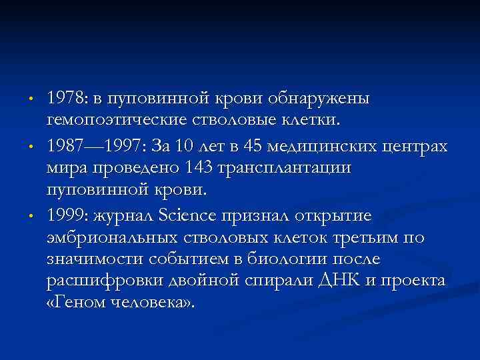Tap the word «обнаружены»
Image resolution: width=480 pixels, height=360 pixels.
(x=327, y=99)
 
